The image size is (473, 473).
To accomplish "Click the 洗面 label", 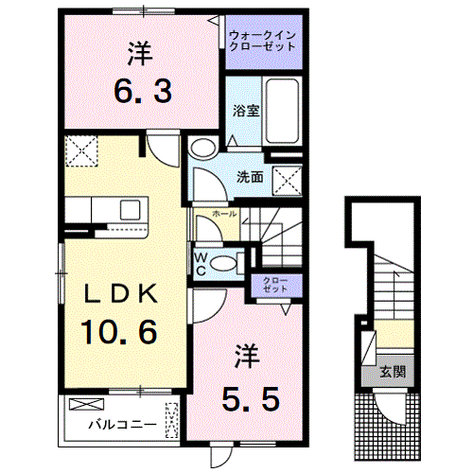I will coord(250,176).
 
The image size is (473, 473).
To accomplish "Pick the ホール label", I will coord(225,215).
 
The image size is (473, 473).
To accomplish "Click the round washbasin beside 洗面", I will coord(201,149).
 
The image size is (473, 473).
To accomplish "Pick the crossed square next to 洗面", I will coord(286,176).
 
